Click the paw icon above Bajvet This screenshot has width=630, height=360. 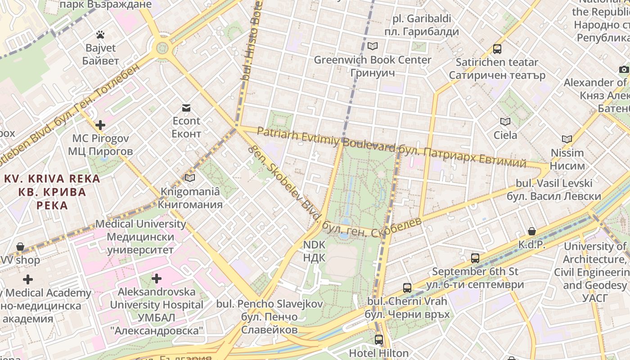(100, 35)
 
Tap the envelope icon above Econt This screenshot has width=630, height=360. (186, 108)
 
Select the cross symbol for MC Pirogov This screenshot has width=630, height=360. (100, 125)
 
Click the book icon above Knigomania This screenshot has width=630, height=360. (190, 178)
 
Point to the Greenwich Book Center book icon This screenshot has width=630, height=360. (372, 46)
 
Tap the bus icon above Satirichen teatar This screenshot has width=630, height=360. (497, 49)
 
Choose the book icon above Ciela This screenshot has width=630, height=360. (505, 121)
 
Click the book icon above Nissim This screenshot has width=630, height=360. (567, 139)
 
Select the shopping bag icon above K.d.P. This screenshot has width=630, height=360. (532, 231)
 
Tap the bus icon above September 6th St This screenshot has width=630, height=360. (475, 258)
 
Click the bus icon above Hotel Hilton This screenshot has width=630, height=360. (379, 339)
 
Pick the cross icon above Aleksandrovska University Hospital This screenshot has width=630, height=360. (156, 279)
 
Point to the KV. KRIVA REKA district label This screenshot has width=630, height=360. (52, 192)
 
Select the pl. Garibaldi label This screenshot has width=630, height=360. (422, 25)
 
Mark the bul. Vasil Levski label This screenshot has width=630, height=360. (554, 189)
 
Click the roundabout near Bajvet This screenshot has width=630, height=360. (162, 48)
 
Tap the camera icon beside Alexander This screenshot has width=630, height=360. (624, 69)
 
